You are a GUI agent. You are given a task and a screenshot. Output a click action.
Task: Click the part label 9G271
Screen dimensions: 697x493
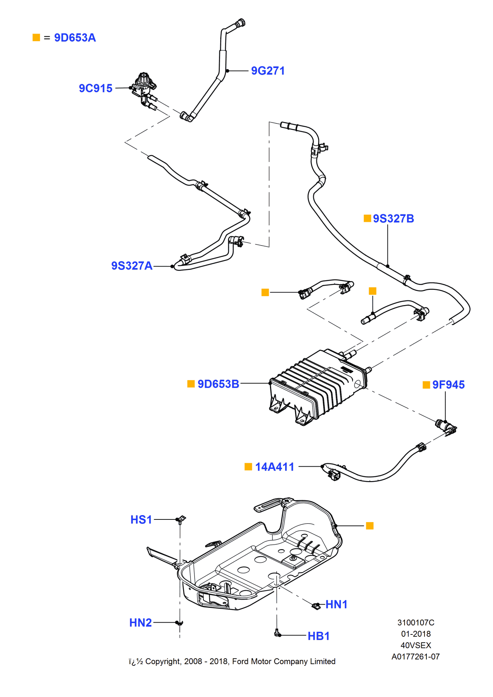(x=268, y=71)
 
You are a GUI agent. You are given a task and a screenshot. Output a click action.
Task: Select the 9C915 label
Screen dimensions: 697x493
(x=95, y=88)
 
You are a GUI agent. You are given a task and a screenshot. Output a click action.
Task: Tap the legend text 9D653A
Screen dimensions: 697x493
(x=75, y=38)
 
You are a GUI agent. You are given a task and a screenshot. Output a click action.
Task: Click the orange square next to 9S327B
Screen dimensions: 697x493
(x=367, y=218)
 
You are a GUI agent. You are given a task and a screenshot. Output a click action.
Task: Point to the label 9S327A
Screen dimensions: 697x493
(x=131, y=266)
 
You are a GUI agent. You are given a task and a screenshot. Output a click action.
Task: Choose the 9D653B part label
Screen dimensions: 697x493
(x=218, y=384)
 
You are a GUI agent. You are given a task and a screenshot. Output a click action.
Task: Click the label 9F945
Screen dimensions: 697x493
(x=448, y=385)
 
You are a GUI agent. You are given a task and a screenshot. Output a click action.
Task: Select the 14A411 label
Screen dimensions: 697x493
(x=274, y=467)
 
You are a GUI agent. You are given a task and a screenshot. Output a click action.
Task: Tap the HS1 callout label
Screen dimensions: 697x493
(x=141, y=520)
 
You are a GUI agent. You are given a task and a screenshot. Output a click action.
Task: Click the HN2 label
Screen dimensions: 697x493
(x=140, y=623)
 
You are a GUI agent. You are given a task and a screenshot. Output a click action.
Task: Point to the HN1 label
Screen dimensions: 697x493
(x=336, y=605)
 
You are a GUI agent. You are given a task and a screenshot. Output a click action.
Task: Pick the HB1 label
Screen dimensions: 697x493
(x=318, y=636)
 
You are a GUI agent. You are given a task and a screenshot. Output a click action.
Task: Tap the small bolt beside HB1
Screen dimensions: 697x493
(x=277, y=633)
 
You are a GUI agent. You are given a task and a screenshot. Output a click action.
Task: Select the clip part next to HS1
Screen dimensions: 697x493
(x=181, y=519)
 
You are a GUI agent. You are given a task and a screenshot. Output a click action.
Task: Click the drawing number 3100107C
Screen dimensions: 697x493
(x=416, y=623)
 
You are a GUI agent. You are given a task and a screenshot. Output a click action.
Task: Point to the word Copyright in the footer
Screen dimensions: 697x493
(x=163, y=661)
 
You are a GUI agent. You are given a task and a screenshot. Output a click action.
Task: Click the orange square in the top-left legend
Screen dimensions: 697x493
(x=36, y=38)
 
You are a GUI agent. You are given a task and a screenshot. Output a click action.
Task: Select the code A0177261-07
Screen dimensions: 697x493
(x=416, y=657)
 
